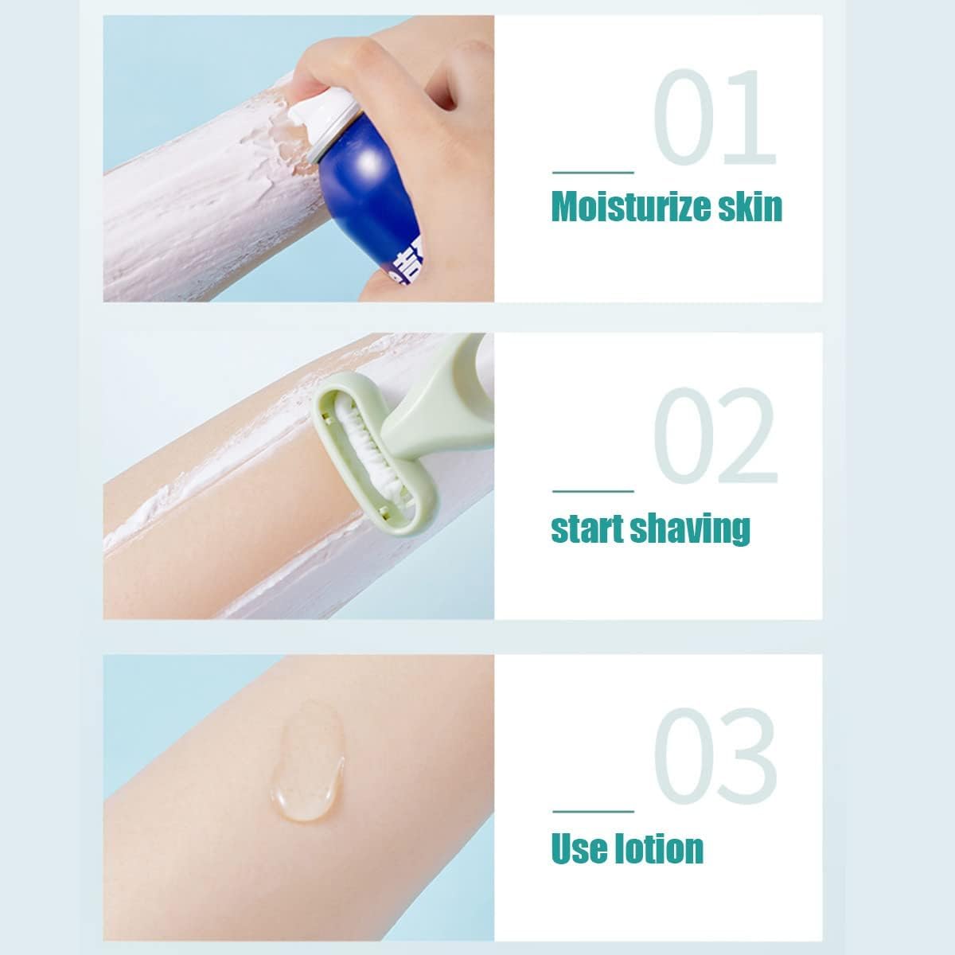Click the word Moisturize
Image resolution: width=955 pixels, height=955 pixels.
pos(630,208)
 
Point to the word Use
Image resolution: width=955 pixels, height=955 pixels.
pos(579,849)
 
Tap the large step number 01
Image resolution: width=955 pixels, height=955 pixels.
pos(715,117)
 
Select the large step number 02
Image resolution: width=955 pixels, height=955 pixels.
pos(716,435)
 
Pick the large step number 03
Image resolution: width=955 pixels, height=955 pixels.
pos(715,756)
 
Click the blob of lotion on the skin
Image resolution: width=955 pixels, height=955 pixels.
pos(307,762)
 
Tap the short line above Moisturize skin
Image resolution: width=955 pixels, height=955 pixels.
pos(593,173)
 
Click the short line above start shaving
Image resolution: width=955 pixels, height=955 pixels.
pos(593,491)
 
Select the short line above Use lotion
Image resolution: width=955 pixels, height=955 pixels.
pos(593,812)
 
